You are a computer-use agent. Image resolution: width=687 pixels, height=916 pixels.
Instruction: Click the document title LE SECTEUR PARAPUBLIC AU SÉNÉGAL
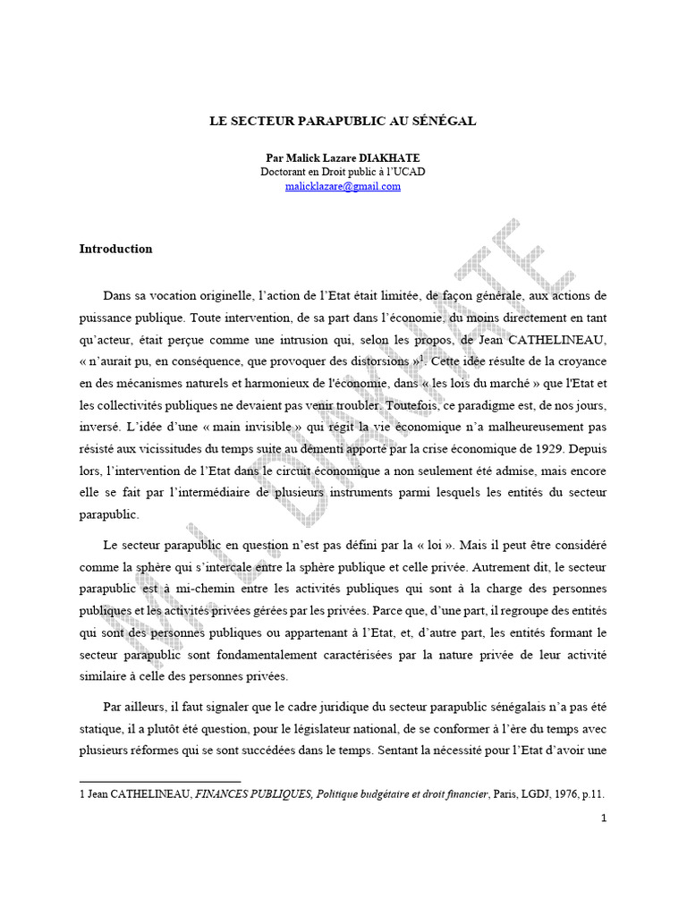343,120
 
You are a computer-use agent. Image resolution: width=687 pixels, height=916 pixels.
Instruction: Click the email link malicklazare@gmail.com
343,186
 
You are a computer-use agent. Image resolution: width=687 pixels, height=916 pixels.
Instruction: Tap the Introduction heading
115,249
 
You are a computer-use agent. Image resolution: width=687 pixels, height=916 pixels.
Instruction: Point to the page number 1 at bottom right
604,817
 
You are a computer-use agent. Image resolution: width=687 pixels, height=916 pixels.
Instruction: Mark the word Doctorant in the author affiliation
288,172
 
